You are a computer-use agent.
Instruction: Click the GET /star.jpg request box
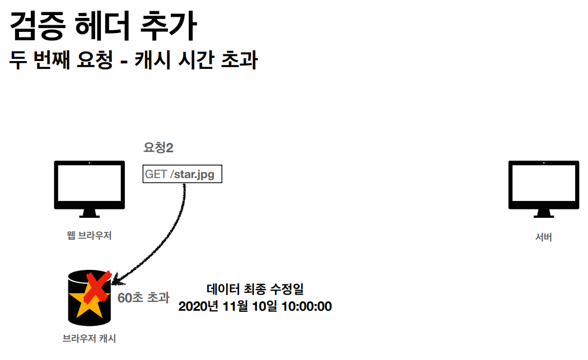pyautogui.click(x=183, y=174)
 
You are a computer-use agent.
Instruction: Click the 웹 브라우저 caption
pyautogui.click(x=89, y=236)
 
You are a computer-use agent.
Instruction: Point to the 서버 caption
pyautogui.click(x=543, y=237)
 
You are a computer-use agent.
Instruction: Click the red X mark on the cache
pyautogui.click(x=96, y=284)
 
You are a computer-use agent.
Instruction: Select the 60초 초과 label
pyautogui.click(x=143, y=297)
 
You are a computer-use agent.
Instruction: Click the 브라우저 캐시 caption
pyautogui.click(x=90, y=338)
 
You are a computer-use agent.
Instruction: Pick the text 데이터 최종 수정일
pyautogui.click(x=255, y=289)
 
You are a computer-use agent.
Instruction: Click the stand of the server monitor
pyautogui.click(x=543, y=213)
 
